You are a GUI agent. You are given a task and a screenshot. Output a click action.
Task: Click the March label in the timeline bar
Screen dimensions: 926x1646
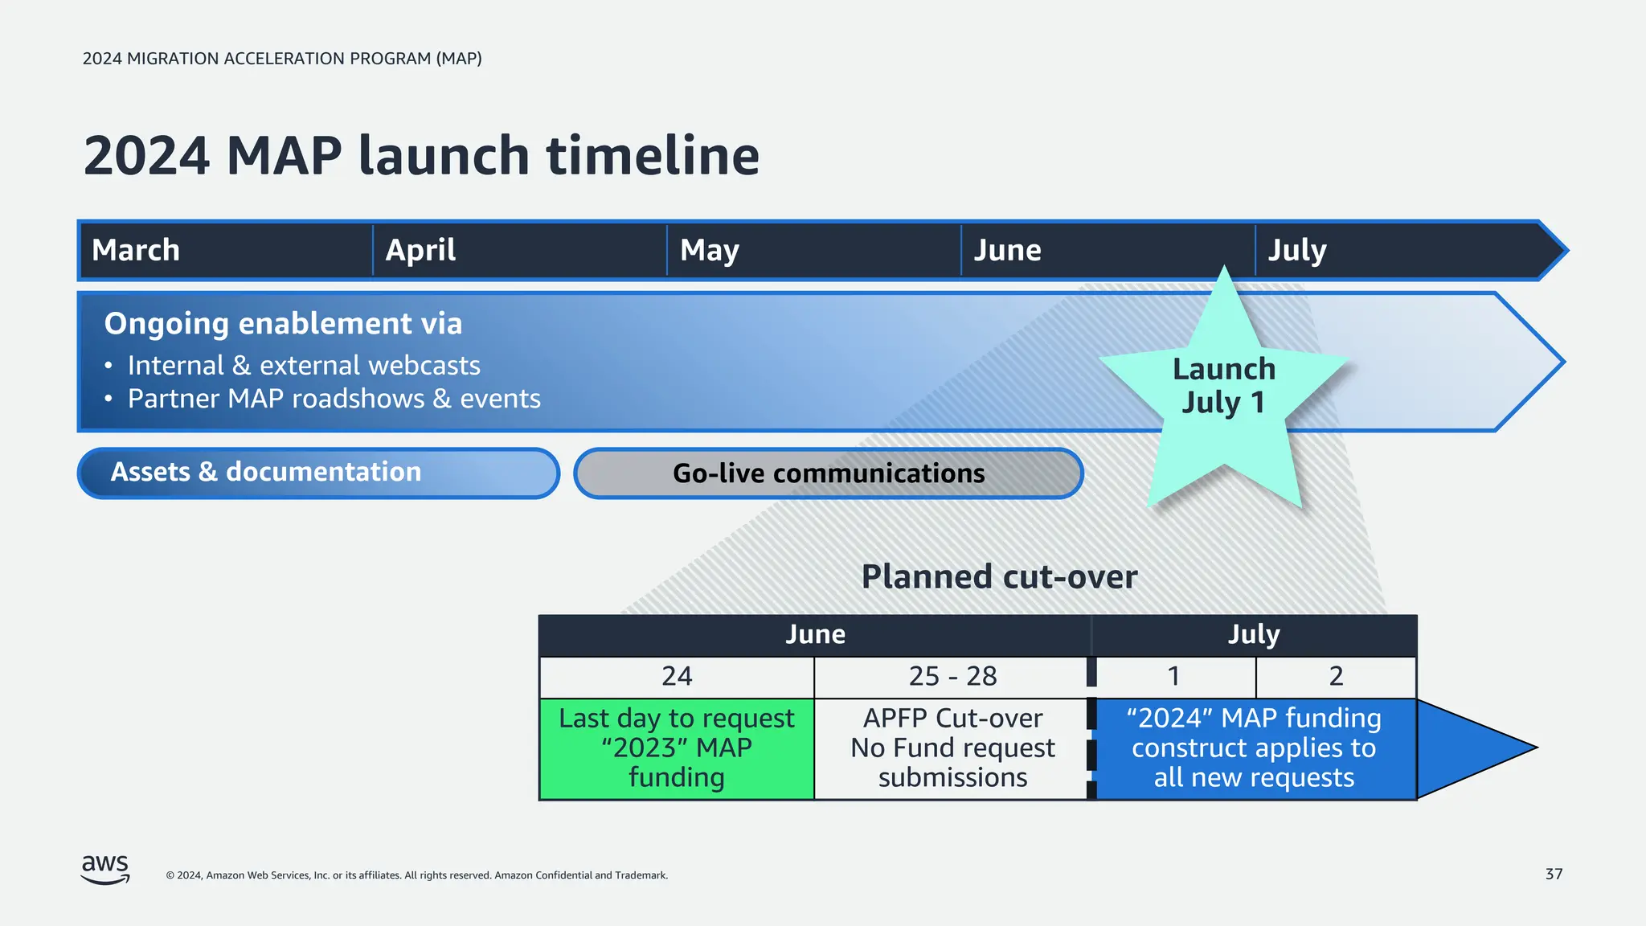pos(136,250)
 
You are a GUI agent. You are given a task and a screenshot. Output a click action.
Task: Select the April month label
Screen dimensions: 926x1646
pos(420,250)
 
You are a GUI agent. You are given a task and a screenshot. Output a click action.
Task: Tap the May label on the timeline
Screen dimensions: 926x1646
pos(709,250)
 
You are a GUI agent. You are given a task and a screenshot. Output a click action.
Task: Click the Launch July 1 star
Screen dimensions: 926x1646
pos(1223,386)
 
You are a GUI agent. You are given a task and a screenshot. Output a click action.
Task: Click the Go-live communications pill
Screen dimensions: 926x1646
pos(829,473)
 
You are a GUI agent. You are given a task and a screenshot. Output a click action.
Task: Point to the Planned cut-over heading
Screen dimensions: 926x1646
pos(999,576)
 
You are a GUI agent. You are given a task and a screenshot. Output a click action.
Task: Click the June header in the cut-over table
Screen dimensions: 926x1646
pos(815,634)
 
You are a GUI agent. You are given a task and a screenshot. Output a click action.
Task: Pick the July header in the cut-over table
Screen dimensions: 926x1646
pos(1253,634)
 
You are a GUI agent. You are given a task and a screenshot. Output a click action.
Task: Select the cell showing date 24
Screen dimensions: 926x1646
pos(677,677)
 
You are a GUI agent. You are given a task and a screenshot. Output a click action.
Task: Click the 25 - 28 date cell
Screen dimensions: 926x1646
pos(952,677)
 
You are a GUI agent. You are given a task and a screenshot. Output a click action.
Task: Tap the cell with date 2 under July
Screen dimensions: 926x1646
pos(1336,677)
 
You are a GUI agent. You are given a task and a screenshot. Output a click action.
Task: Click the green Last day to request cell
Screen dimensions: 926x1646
pos(677,748)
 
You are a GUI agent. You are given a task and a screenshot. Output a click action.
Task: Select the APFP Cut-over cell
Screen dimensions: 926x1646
pos(952,748)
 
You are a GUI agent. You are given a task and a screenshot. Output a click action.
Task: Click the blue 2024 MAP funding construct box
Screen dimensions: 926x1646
pos(1254,748)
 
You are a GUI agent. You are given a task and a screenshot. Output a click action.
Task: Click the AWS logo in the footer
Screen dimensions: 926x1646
pos(105,870)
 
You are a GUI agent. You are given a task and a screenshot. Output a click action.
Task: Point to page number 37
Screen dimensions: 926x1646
pos(1554,874)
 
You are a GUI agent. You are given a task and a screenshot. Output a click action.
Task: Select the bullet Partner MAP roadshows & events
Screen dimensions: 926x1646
pos(334,399)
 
